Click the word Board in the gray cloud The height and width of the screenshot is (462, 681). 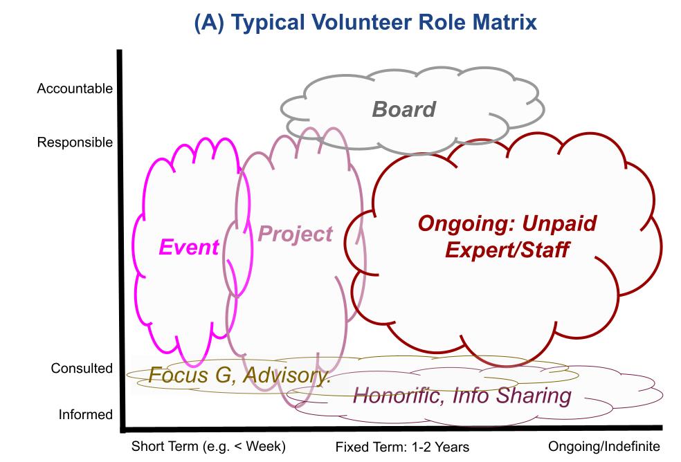point(403,109)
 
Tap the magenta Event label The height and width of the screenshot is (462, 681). point(189,247)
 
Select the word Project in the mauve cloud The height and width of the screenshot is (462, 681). point(295,234)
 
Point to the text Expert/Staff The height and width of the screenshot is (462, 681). point(507,250)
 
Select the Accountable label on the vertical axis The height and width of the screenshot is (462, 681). point(75,89)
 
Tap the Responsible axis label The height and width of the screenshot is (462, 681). point(75,142)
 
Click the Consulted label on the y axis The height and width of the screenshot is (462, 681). point(82,369)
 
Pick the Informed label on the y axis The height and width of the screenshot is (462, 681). point(84,415)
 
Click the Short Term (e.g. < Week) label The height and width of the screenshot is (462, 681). point(208,446)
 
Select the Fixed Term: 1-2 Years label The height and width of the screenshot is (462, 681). point(402,447)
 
